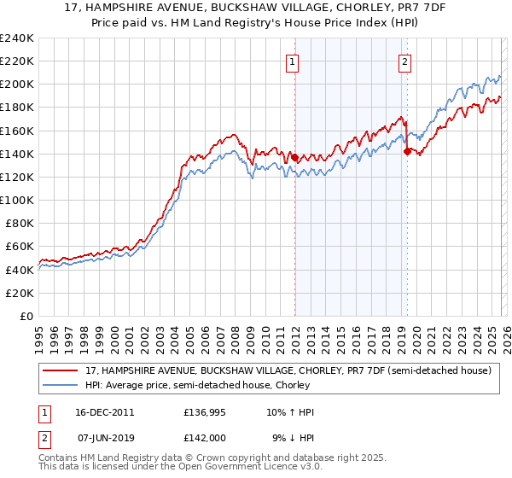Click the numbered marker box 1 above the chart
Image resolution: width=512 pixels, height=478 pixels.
pos(293,61)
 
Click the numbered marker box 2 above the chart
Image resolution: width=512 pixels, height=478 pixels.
pos(404,61)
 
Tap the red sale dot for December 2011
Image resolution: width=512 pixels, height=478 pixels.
pos(294,158)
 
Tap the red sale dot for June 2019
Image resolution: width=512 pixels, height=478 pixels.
pos(407,151)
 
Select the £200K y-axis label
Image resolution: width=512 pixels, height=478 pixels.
pos(17,85)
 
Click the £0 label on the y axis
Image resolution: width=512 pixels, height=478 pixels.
pos(26,316)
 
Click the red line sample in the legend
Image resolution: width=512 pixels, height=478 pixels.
pos(61,370)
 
